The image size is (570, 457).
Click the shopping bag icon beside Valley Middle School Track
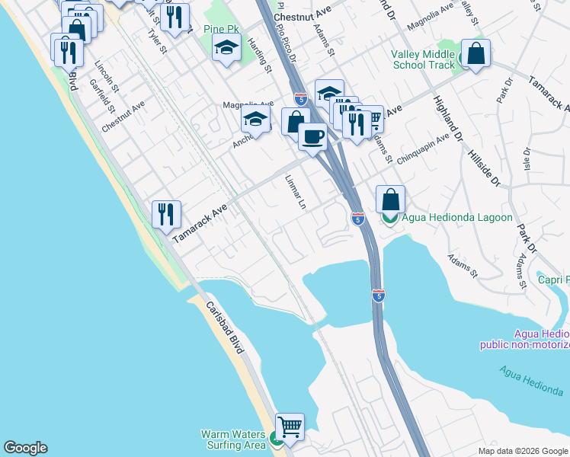(476, 54)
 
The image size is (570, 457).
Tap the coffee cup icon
(312, 137)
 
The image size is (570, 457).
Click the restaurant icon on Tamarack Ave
(165, 213)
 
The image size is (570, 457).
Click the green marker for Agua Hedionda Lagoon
(389, 218)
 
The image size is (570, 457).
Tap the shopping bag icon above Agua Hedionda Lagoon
(390, 200)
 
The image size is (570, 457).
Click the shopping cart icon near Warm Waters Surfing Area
(289, 427)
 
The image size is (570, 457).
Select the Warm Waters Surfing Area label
(233, 439)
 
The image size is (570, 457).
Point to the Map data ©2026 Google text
(523, 451)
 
